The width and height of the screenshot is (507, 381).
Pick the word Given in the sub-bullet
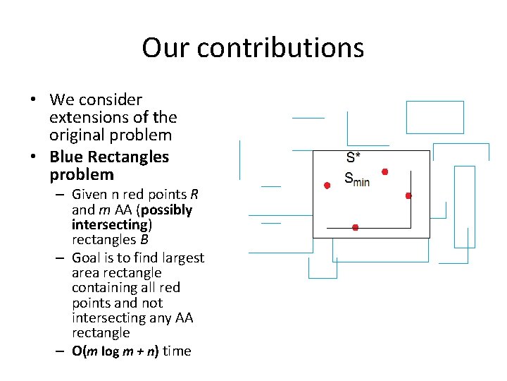[90, 195]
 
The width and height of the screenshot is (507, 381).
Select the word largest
[182, 258]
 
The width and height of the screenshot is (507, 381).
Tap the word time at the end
[177, 351]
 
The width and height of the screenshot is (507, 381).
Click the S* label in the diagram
[353, 157]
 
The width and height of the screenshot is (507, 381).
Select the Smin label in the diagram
[356, 179]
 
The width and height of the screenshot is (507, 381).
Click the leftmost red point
[327, 186]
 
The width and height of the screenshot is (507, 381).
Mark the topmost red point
[384, 171]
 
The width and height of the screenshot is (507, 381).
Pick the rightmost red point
[408, 195]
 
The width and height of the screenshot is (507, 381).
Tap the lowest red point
[355, 227]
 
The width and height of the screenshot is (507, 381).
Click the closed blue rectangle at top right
[435, 117]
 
